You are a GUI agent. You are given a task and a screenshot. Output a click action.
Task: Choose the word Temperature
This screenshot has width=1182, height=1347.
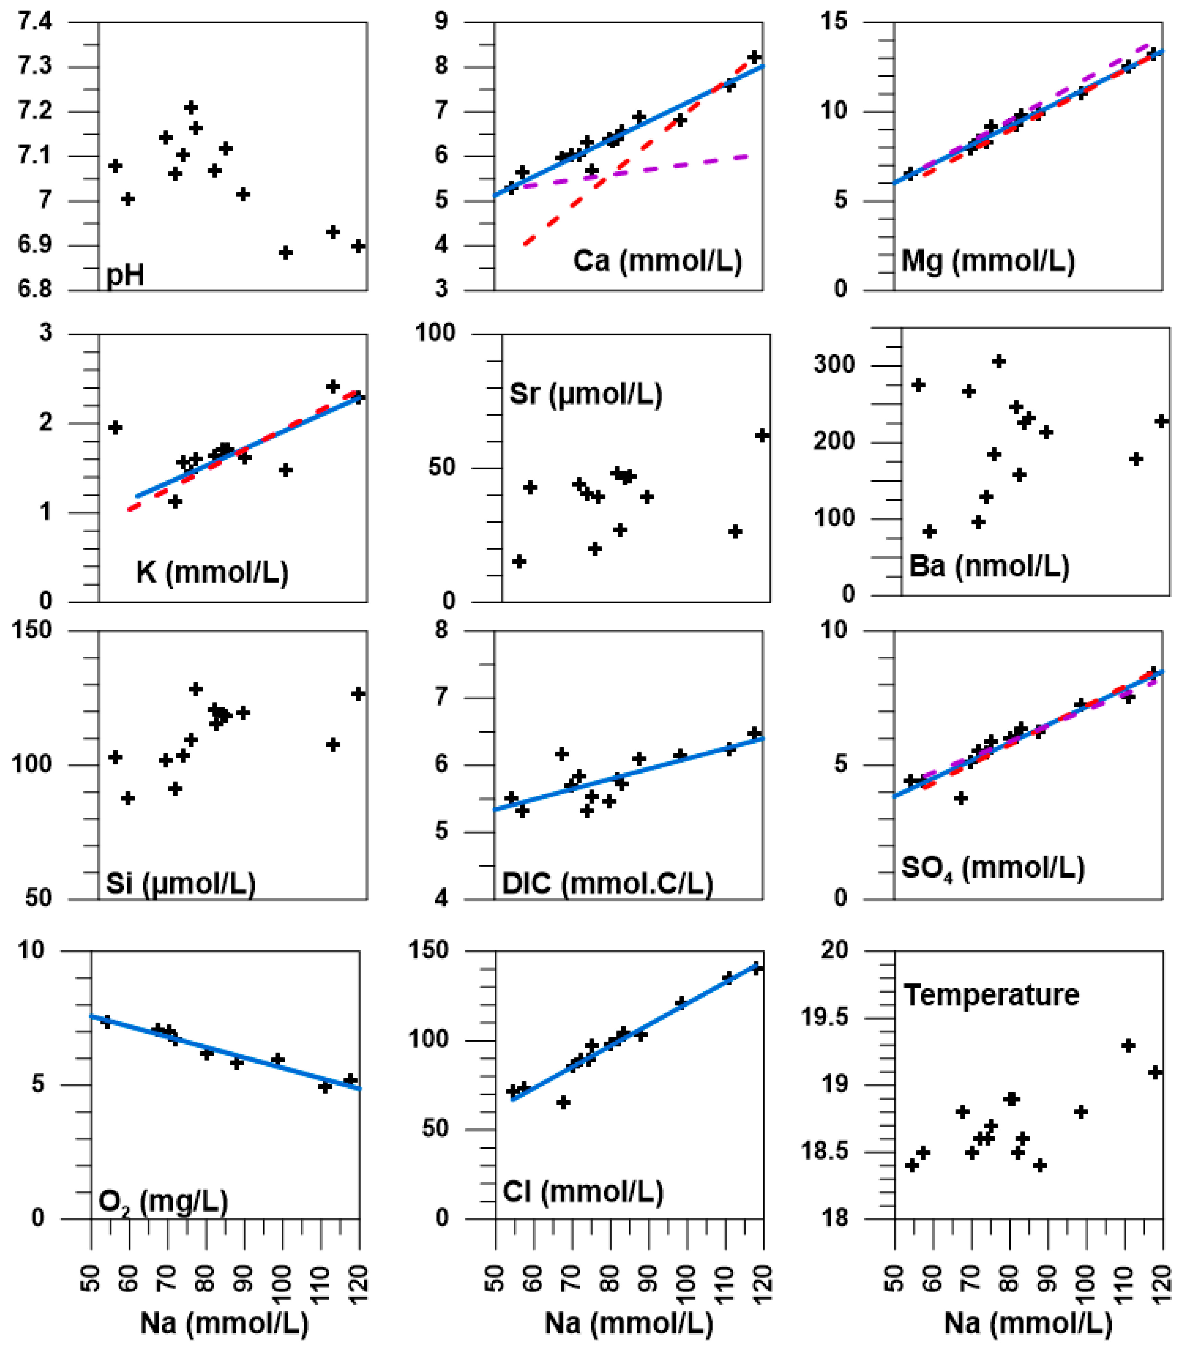(x=991, y=994)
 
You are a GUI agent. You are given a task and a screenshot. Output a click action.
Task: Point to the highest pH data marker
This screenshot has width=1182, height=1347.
(x=191, y=107)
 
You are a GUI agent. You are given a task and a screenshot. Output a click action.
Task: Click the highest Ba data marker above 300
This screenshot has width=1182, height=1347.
(x=999, y=361)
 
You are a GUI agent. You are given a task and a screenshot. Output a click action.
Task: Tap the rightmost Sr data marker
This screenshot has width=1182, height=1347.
(x=762, y=435)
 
